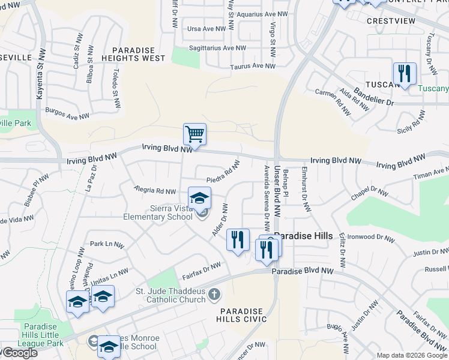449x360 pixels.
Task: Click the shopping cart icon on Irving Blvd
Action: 194,134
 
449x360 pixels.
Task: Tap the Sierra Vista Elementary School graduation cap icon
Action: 200,197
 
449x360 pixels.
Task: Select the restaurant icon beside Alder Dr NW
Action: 238,240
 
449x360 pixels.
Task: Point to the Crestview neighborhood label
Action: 391,21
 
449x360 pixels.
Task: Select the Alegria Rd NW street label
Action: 155,190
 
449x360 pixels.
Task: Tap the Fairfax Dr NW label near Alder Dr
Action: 202,271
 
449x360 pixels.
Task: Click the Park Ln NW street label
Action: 106,245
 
